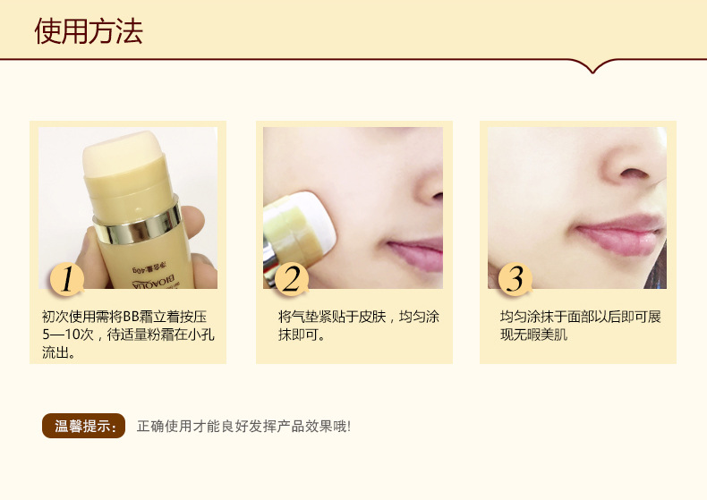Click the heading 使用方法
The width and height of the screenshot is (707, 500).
[89, 31]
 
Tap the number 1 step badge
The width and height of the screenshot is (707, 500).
[67, 279]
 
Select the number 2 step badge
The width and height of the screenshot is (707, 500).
[292, 279]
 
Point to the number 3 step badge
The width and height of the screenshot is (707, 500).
[515, 279]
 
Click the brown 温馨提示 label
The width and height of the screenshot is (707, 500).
[83, 426]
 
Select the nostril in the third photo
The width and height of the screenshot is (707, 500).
[635, 174]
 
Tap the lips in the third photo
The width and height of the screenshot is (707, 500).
[621, 234]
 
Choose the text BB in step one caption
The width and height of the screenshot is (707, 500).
[131, 317]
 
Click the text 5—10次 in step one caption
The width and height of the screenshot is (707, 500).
[68, 335]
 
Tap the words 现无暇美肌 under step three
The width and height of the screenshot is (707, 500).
[534, 335]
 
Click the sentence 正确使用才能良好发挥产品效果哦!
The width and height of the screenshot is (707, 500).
[243, 426]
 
